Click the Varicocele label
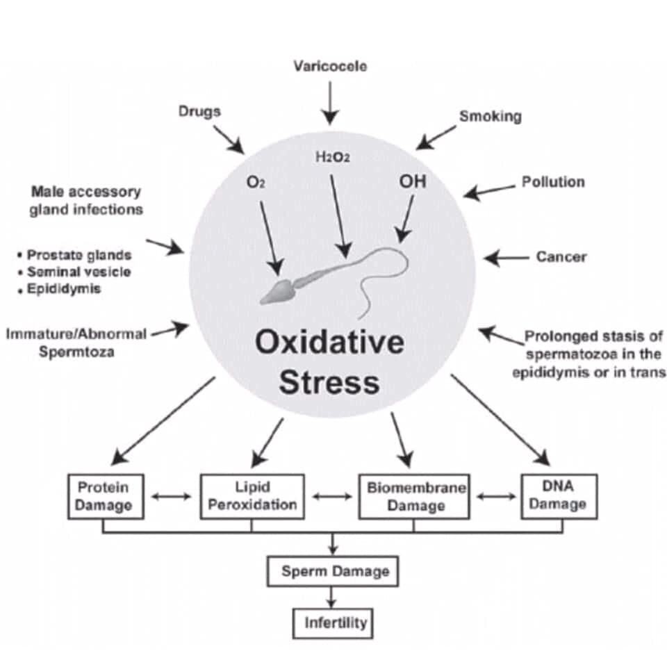330,67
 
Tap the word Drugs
199,111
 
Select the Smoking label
490,116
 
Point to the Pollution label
553,182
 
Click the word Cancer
561,257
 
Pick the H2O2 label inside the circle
332,158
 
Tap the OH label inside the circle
412,182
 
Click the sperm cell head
279,291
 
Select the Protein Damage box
106,496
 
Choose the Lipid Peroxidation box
252,496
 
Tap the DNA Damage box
558,496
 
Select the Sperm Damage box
333,572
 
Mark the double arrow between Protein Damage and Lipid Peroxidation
172,497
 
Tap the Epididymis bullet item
63,288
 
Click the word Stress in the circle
329,383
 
